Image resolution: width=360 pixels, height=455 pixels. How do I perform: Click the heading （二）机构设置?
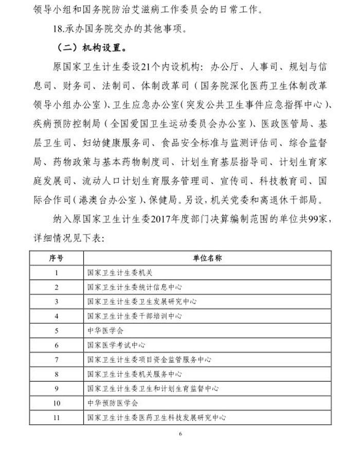(90, 48)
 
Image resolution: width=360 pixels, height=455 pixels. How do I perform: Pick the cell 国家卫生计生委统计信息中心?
(134, 287)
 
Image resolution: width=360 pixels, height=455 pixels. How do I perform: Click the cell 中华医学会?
(105, 331)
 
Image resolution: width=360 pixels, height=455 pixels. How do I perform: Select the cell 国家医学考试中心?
(116, 345)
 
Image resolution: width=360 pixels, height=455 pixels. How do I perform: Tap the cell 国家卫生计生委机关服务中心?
(134, 374)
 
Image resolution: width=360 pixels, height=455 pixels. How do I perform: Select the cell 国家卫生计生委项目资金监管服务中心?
(149, 360)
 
